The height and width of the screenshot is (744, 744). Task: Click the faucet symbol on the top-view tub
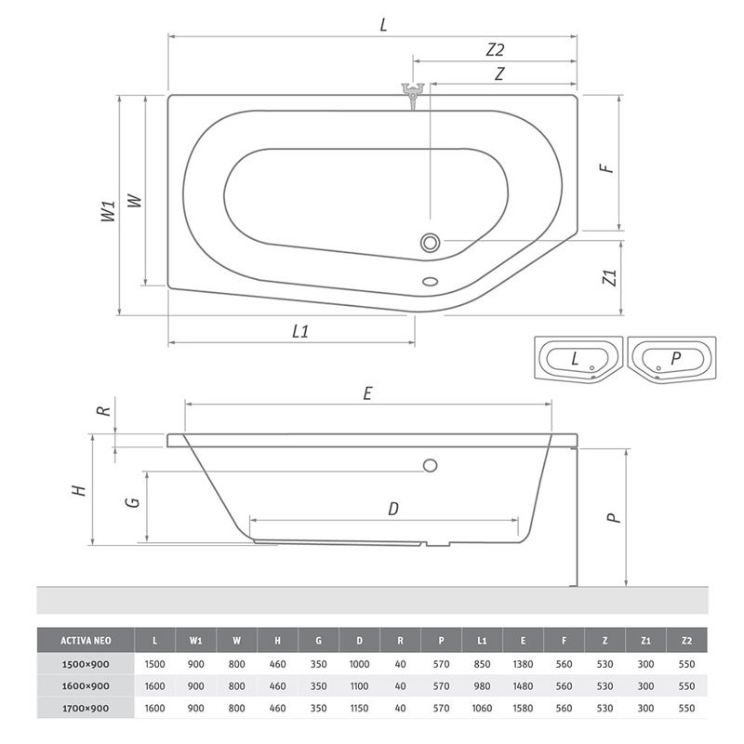[x=413, y=95]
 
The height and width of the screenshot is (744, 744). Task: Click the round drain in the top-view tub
[x=431, y=243]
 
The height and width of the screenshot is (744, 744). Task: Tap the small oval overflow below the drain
[x=431, y=282]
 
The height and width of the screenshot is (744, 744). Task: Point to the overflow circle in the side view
[x=431, y=466]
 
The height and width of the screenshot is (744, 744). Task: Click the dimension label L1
[x=300, y=331]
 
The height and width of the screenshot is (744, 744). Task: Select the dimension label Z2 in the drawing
[x=495, y=49]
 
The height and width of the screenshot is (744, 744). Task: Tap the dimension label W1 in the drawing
[x=109, y=211]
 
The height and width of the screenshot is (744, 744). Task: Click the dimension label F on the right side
[x=607, y=168]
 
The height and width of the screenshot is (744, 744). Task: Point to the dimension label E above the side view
[x=367, y=393]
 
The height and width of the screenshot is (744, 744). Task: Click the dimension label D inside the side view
[x=393, y=509]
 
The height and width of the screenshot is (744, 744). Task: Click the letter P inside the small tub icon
[x=676, y=358]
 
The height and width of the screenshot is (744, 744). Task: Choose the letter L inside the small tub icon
[x=575, y=358]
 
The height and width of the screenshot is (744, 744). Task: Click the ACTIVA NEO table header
[x=86, y=641]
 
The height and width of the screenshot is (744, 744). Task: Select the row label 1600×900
[x=86, y=686]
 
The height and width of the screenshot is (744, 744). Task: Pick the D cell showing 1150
[x=359, y=709]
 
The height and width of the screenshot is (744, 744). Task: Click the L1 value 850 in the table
[x=482, y=664]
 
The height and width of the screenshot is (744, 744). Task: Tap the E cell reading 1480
[x=523, y=686]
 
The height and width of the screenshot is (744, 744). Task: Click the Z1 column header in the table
[x=645, y=641]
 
